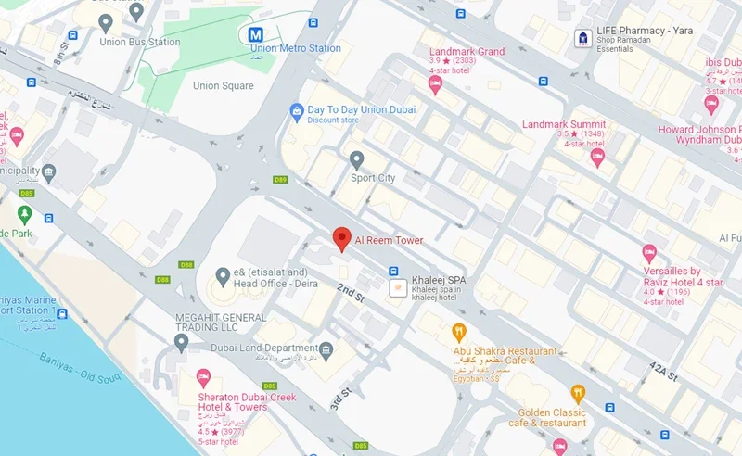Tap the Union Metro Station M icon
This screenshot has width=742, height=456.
pos(255,34)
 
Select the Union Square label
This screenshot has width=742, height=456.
pos(223,86)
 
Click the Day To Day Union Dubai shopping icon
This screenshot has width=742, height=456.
pos(297,110)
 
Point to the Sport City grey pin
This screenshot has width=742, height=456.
pos(357,159)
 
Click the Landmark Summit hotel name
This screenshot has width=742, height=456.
pos(564,124)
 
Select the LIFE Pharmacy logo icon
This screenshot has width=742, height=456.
pos(582,37)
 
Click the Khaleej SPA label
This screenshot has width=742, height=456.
pos(440,280)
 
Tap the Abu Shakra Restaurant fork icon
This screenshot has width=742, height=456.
pos(458,331)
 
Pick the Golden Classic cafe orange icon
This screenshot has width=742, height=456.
pos(578,393)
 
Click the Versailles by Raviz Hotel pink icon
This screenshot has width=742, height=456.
pos(649,252)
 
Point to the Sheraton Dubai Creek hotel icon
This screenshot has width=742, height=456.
pos(203,376)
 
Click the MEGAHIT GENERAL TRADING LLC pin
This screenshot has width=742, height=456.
pos(182,342)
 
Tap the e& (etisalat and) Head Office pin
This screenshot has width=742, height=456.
pos(223,275)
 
